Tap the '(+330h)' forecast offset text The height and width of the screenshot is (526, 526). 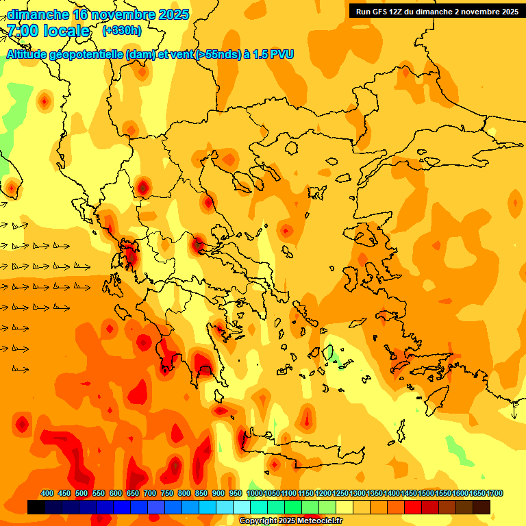tap(122, 31)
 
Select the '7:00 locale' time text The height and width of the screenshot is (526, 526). tap(49, 31)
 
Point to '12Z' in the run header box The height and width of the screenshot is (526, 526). tap(399, 12)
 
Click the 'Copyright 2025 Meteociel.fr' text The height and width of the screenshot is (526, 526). tap(290, 521)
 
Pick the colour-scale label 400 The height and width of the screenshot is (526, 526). tap(47, 494)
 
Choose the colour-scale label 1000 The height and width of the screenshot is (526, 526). tap(255, 494)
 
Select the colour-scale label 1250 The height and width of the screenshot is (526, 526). tap(340, 494)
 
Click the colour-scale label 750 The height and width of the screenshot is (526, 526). tap(167, 494)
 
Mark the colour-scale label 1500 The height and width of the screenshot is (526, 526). tap(426, 494)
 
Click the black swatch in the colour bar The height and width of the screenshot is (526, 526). tap(36, 508)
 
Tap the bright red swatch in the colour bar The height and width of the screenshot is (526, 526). tap(413, 508)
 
